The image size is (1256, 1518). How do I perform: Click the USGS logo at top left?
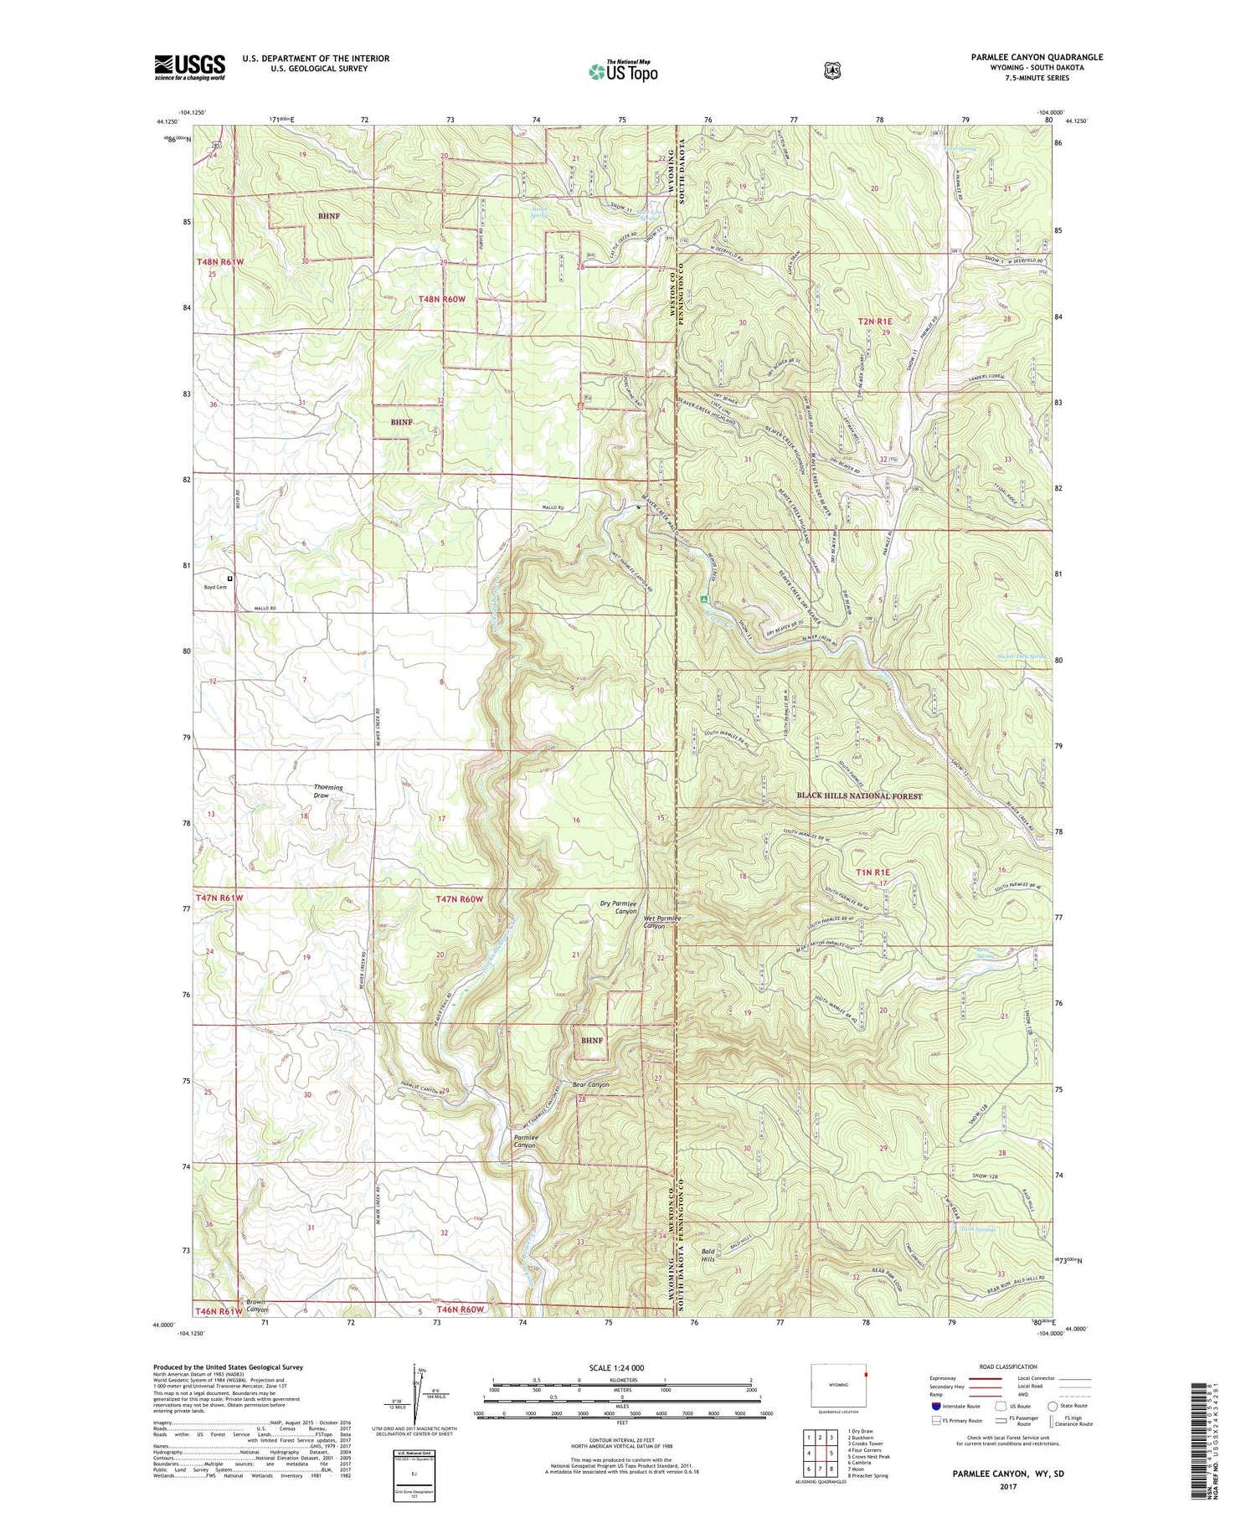(x=189, y=67)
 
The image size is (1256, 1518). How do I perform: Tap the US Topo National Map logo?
(x=623, y=70)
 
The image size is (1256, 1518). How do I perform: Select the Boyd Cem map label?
(x=215, y=587)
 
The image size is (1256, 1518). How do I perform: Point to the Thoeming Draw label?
(x=328, y=791)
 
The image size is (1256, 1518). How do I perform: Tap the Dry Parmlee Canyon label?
(x=619, y=908)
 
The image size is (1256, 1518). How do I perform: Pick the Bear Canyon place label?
(x=590, y=1084)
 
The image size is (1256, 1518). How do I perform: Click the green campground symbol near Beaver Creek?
(x=703, y=599)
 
